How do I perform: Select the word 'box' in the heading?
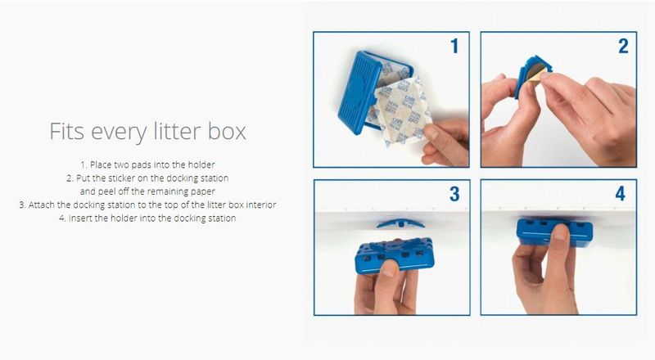point(227,131)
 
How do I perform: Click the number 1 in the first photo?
point(454,46)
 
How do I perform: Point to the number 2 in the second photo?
point(623,46)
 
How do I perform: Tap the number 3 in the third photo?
point(454,194)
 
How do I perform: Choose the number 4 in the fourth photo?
point(621,194)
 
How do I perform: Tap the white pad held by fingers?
point(403,110)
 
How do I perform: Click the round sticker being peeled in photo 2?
point(536,72)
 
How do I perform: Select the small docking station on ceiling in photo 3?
point(400,223)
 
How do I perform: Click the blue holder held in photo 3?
point(395,255)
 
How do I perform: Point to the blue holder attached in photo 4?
point(554,232)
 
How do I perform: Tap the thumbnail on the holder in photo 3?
point(390,268)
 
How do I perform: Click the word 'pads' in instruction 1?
point(142,164)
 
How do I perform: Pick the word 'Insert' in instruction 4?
point(80,218)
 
